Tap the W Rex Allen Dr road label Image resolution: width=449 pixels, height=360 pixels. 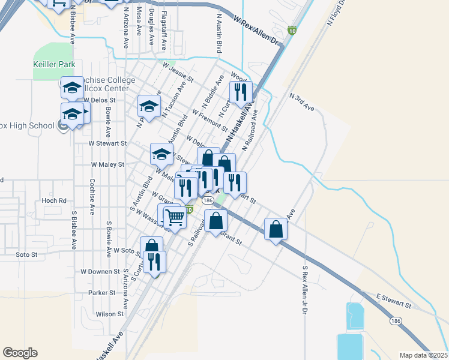pos(259,32)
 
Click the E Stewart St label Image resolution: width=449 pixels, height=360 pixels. pos(394,302)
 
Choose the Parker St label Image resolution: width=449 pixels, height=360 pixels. pos(102,293)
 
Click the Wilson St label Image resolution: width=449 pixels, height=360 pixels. pos(109,314)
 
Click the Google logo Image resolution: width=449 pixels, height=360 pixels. pos(20,353)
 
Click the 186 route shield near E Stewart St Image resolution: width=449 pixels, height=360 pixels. pos(395,322)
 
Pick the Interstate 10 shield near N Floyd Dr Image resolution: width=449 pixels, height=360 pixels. pos(292,31)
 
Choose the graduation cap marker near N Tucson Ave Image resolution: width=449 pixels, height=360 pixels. pos(149,107)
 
